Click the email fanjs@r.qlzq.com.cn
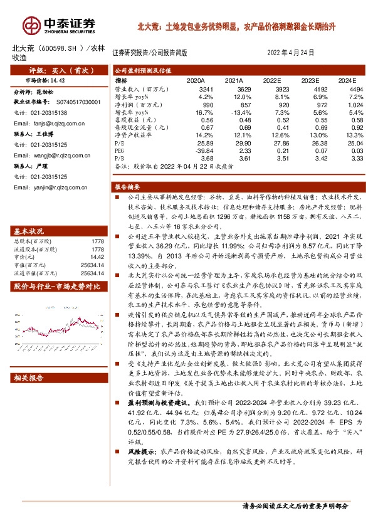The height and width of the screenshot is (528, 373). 50,124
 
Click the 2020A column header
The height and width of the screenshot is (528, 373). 196,81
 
